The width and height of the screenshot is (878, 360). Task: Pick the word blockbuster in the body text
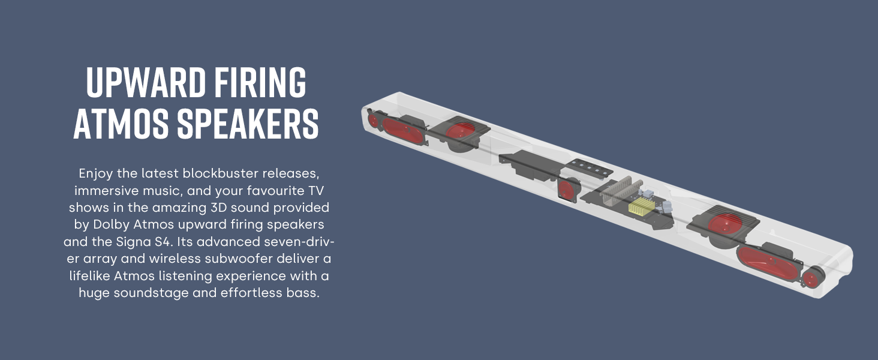[233, 173]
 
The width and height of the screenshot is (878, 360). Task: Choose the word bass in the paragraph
[299, 293]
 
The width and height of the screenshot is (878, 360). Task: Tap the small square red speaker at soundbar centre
[567, 191]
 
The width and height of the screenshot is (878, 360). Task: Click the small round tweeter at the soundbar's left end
[372, 121]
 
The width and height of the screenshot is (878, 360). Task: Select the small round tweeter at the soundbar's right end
[812, 278]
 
